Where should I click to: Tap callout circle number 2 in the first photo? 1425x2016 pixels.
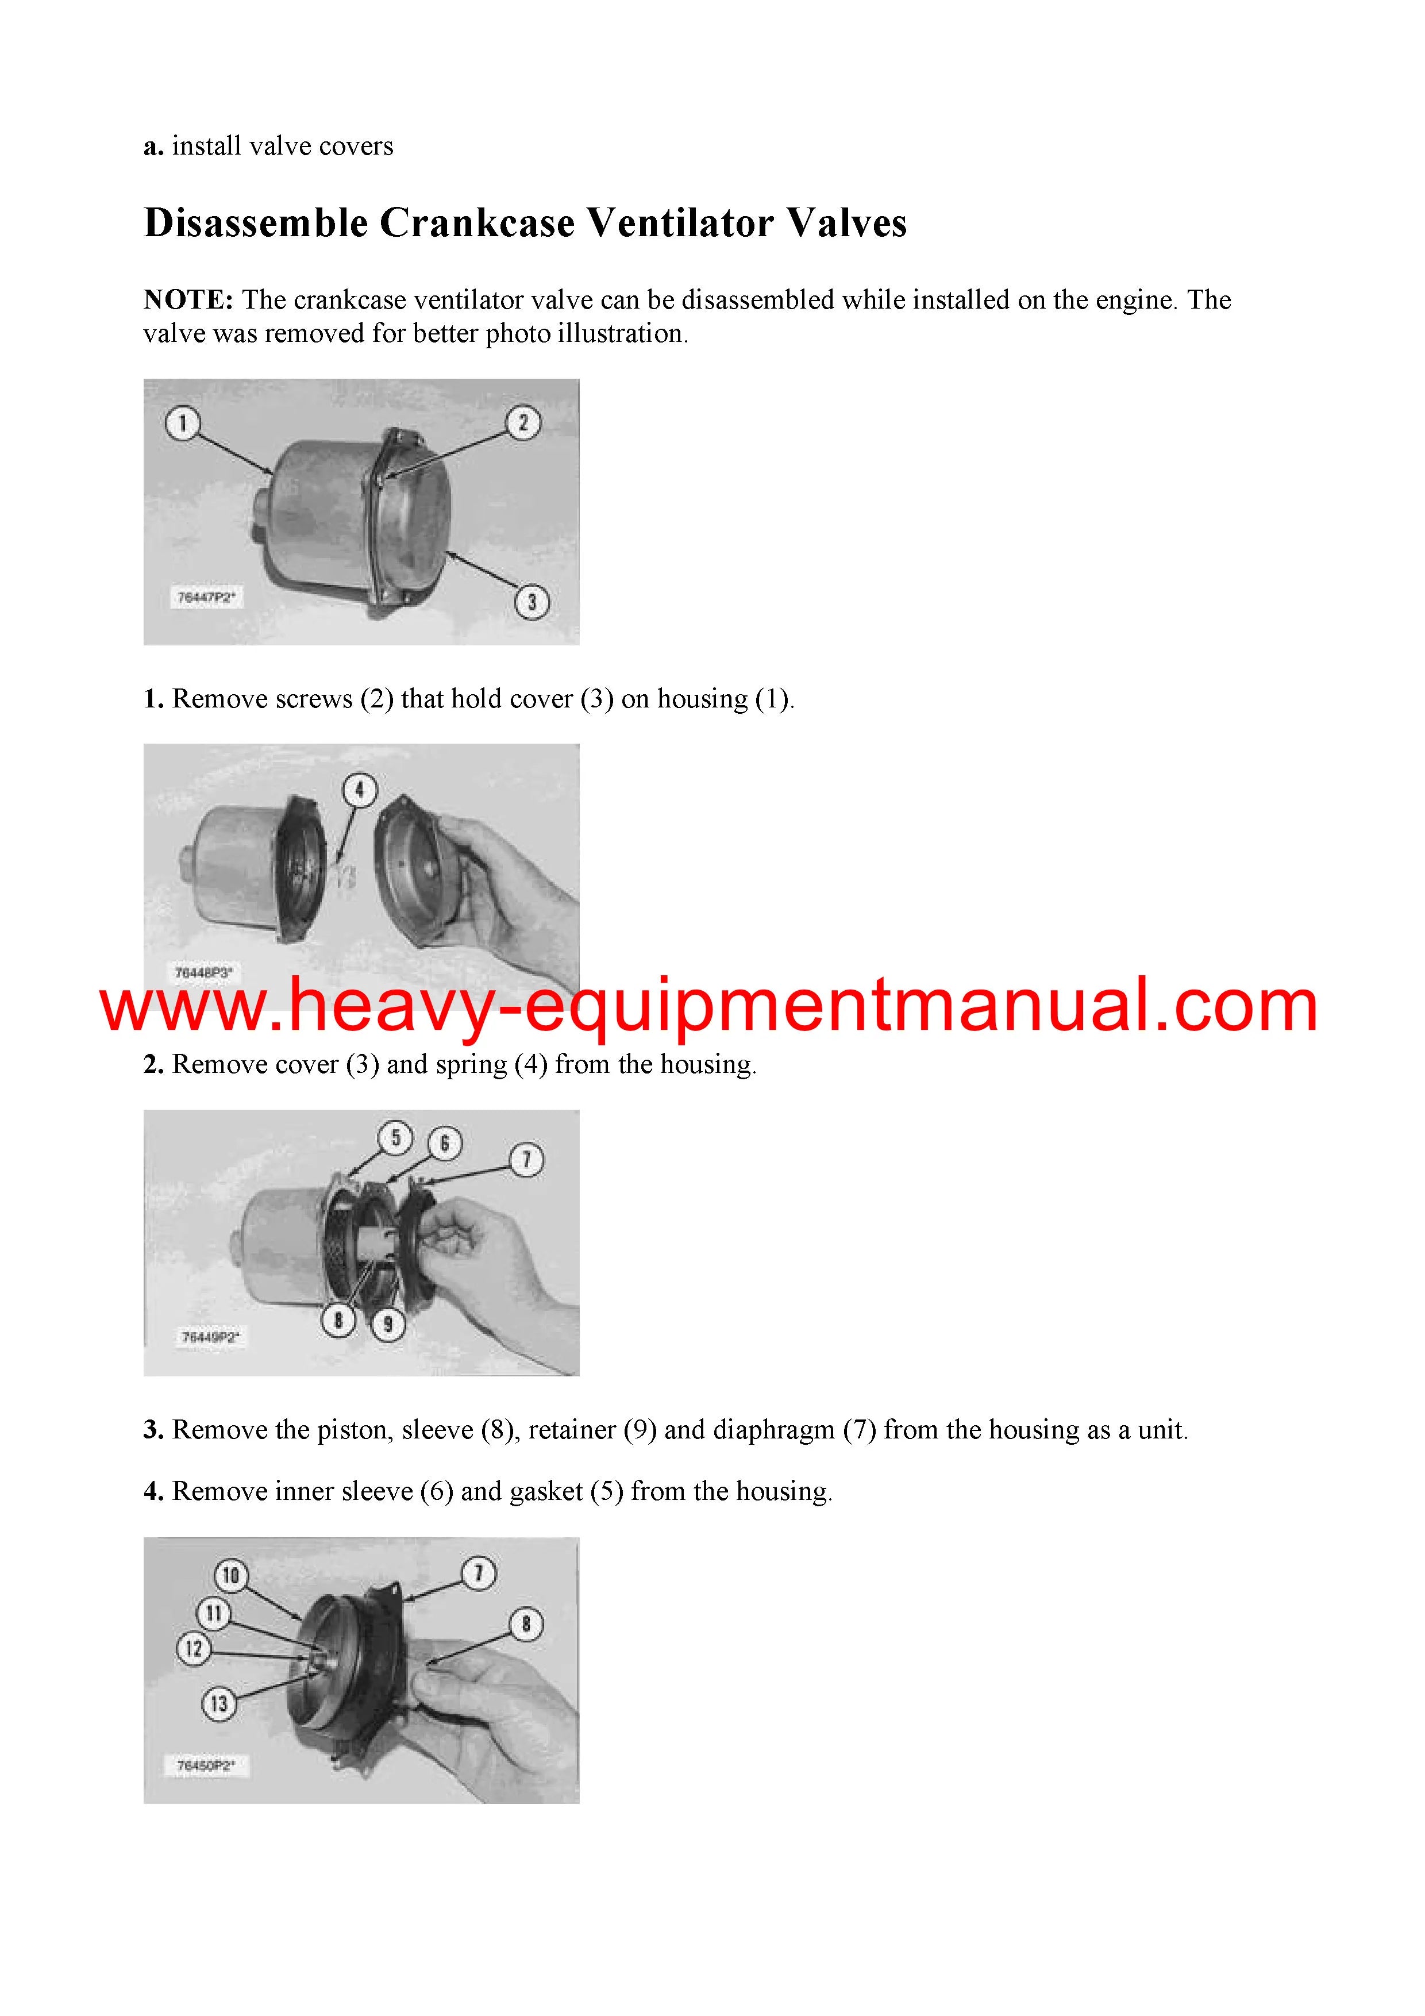coord(523,423)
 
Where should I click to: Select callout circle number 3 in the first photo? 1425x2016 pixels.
coord(531,602)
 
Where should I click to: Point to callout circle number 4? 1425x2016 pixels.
coord(359,790)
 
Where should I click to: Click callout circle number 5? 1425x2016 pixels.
coord(395,1138)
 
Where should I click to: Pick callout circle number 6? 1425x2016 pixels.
coord(444,1143)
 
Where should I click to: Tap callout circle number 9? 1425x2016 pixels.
coord(388,1324)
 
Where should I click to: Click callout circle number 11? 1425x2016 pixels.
coord(213,1613)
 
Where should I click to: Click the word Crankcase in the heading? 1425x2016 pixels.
coord(477,223)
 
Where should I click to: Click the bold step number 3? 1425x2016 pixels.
coord(153,1430)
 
